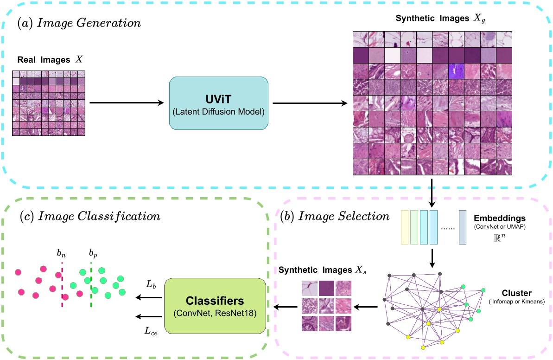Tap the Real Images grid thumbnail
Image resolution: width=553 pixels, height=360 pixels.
[x=49, y=103]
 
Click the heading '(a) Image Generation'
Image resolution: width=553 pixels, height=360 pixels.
[x=79, y=22]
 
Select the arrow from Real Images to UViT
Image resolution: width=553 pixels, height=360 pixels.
[x=126, y=103]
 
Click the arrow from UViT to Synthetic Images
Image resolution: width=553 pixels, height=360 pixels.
[x=310, y=103]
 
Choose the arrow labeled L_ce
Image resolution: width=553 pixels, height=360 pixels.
[x=147, y=317]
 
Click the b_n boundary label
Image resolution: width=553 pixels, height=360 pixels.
[x=61, y=253]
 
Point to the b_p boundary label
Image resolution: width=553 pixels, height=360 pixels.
[x=93, y=253]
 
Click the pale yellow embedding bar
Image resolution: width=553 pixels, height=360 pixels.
[x=404, y=227]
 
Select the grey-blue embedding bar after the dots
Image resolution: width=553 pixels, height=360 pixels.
[x=463, y=227]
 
